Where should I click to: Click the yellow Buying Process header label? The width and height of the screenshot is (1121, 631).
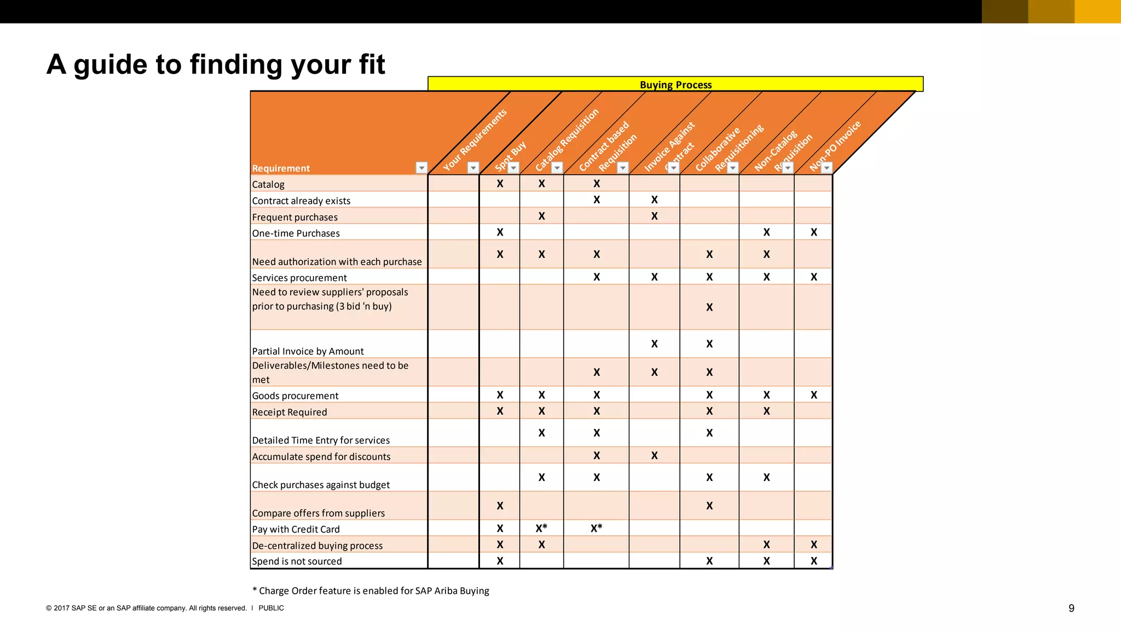tap(675, 85)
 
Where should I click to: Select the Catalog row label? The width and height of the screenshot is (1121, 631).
tap(268, 185)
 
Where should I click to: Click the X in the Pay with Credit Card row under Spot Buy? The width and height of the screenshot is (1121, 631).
tap(500, 529)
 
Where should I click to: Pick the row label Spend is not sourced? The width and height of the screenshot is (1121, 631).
tap(297, 561)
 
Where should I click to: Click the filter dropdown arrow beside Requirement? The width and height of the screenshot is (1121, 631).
tap(421, 168)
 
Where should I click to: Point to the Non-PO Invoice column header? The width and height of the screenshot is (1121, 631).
tap(835, 145)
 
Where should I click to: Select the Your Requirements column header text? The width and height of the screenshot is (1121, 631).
tap(475, 140)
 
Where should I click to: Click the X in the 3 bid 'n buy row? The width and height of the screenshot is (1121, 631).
tap(709, 307)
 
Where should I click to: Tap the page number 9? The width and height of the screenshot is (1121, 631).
tap(1071, 609)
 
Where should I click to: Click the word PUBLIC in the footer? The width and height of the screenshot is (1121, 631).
tap(271, 608)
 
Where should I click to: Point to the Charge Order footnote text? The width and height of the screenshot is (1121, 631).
tap(371, 591)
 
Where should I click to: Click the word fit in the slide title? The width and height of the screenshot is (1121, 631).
tap(372, 65)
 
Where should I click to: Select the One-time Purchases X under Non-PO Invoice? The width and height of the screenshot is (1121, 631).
tap(814, 232)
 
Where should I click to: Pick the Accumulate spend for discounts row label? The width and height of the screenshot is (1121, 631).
tap(321, 457)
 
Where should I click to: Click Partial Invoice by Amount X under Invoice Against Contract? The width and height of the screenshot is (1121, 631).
tap(654, 344)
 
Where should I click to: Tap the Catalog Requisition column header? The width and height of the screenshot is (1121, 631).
tap(567, 140)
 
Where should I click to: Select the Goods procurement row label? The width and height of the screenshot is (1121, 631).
tap(295, 396)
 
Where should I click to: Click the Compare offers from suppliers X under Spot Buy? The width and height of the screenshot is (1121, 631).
tap(500, 506)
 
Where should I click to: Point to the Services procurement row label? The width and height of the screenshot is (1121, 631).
tap(299, 278)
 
